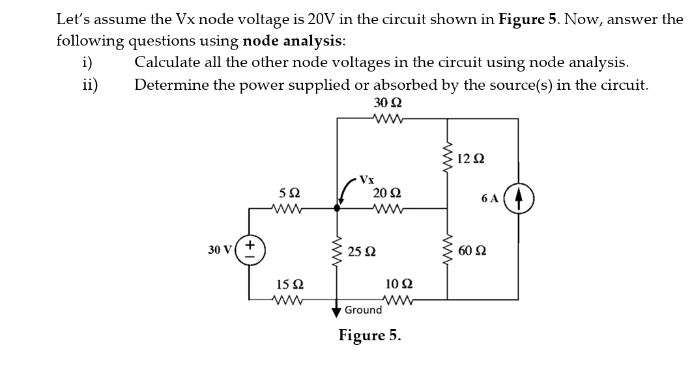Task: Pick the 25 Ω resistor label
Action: click(x=361, y=251)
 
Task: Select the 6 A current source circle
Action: click(x=520, y=196)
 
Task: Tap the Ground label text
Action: click(x=363, y=310)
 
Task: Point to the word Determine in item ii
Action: click(x=166, y=85)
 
